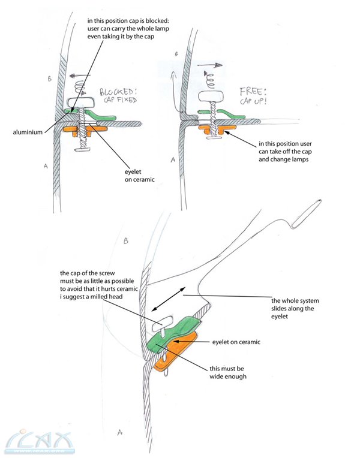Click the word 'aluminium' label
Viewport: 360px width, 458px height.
click(x=26, y=132)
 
